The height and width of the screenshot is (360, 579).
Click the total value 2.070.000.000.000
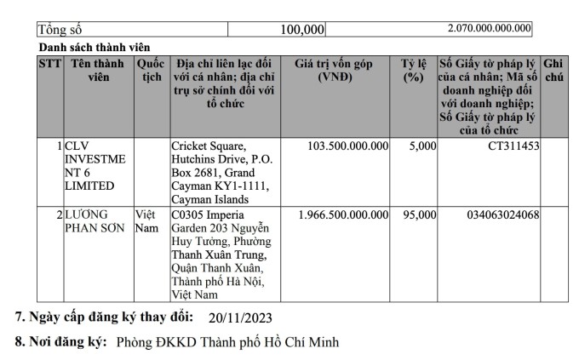[x=489, y=28]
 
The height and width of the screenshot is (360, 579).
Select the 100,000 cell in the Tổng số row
[x=302, y=30]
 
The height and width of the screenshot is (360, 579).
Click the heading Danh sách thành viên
[x=94, y=47]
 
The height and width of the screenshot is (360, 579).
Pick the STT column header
[x=49, y=64]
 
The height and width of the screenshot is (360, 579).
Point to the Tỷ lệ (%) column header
[x=415, y=71]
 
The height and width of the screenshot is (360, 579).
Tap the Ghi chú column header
[x=553, y=71]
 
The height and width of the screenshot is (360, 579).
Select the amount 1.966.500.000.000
[x=344, y=214]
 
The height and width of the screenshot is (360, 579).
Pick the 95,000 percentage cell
[x=417, y=214]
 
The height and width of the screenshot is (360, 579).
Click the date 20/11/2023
[x=240, y=318]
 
